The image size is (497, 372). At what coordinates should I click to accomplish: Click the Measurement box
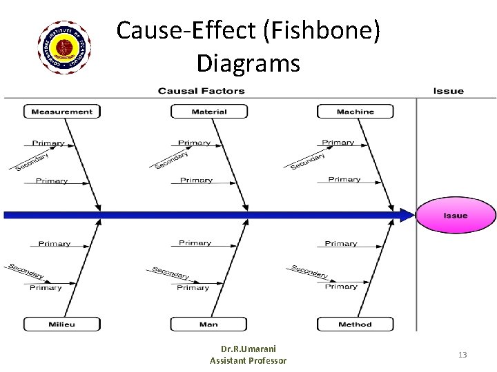click(62, 112)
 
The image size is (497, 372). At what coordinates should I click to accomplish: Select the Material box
click(209, 112)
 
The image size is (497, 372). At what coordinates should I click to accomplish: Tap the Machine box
click(355, 112)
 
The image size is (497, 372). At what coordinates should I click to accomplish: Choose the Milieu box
click(62, 324)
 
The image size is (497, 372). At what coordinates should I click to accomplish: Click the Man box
click(208, 324)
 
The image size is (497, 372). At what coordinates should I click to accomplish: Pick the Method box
click(355, 324)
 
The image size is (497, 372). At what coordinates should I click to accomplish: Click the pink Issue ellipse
click(456, 216)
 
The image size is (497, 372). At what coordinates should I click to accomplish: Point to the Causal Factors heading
click(201, 91)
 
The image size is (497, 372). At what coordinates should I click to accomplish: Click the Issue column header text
click(448, 91)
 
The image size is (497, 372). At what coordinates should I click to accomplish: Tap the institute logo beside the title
click(64, 48)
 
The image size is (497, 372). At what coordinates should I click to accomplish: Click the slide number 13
click(462, 355)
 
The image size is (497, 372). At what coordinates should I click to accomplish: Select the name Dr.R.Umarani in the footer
click(248, 349)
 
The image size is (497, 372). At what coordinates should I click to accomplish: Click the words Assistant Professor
click(248, 360)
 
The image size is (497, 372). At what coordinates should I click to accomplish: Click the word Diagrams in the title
click(248, 63)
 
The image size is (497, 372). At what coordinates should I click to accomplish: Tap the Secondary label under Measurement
click(32, 162)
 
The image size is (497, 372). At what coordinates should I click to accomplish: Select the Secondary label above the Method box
click(309, 271)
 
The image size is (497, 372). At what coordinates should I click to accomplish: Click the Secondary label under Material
click(171, 161)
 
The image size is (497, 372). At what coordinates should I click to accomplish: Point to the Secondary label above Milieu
click(26, 271)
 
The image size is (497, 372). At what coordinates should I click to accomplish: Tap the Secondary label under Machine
click(308, 161)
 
